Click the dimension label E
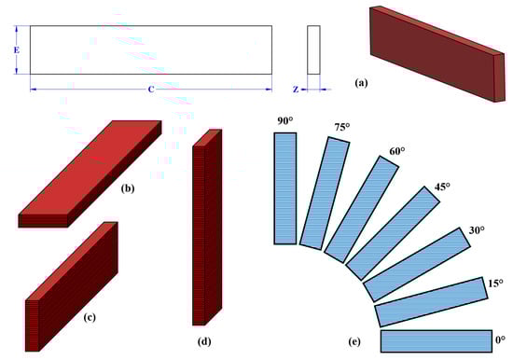(x=17, y=50)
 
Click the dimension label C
(x=151, y=90)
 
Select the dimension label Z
(x=296, y=90)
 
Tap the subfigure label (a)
(x=361, y=83)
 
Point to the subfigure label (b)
(x=128, y=188)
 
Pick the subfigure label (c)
(x=90, y=317)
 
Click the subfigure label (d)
(x=204, y=341)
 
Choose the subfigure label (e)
(x=354, y=341)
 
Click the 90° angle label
(x=285, y=121)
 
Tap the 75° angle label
(x=342, y=127)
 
